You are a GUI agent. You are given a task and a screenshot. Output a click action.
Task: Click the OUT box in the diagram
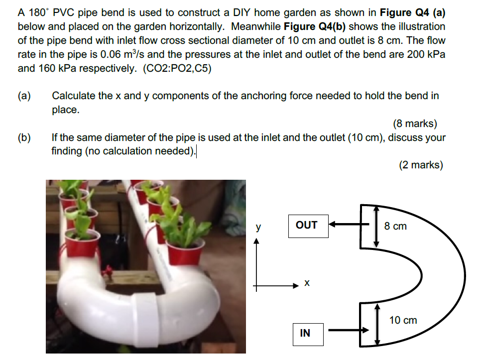coord(306,225)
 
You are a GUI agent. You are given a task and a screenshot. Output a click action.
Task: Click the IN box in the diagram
coord(305,333)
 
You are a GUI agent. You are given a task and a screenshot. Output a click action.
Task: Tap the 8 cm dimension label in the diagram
coord(395,226)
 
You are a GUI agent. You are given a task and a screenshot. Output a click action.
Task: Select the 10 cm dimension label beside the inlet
coord(403,320)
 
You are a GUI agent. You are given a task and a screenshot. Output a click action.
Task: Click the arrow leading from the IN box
coord(348,330)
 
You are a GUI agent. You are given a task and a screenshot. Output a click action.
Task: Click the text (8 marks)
coord(415,123)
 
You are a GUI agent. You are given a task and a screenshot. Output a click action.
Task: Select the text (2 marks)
coord(421,165)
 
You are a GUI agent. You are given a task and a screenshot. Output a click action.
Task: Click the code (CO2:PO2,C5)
coord(177,68)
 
